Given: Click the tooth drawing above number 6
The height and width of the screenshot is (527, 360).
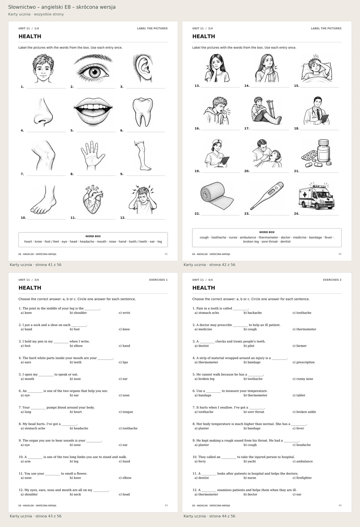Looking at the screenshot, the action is pyautogui.click(x=141, y=112).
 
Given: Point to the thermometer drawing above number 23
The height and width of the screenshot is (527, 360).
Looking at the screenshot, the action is pyautogui.click(x=267, y=196).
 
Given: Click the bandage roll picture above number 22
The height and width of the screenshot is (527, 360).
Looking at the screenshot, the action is pyautogui.click(x=217, y=196).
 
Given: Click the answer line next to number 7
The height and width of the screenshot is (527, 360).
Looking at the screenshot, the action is pyautogui.click(x=46, y=175).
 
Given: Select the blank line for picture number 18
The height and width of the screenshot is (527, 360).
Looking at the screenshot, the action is pyautogui.click(x=319, y=130).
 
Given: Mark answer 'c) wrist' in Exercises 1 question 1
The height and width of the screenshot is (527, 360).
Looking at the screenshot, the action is pyautogui.click(x=124, y=313).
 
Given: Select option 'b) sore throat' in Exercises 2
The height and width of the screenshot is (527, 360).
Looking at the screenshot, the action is pyautogui.click(x=254, y=412).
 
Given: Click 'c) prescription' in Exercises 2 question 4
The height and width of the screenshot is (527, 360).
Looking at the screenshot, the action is pyautogui.click(x=304, y=362).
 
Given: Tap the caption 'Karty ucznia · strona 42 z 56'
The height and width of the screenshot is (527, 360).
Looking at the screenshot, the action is pyautogui.click(x=209, y=265).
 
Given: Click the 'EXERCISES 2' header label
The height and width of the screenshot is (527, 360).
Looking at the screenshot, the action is pyautogui.click(x=332, y=280).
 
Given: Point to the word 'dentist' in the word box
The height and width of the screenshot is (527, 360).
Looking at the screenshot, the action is pyautogui.click(x=285, y=241).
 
